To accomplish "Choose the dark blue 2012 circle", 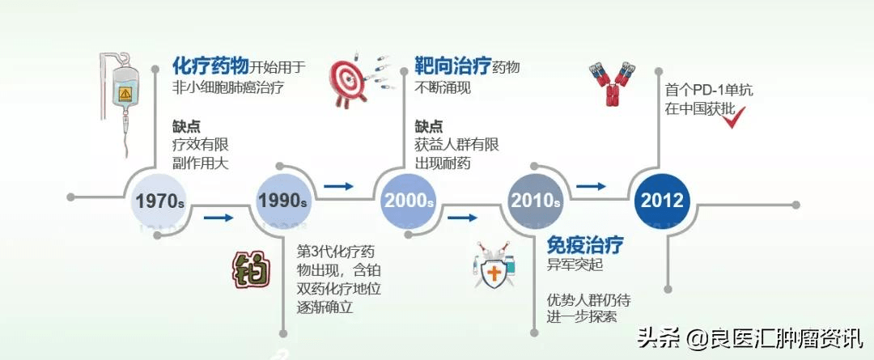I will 662,200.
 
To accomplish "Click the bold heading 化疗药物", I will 210,66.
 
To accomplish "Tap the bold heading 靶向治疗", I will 452,66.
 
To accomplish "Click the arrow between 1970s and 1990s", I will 218,218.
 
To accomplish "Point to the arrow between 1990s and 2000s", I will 339,187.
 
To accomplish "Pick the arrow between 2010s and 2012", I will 591,187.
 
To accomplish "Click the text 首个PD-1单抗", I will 708,91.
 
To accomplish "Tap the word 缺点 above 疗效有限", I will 186,126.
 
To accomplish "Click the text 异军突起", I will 575,265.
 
